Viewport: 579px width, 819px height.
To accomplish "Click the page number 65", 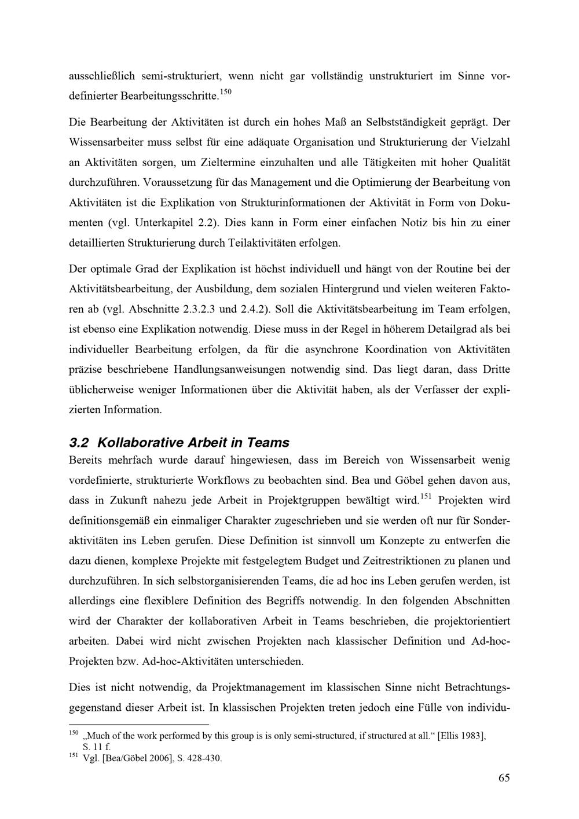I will coord(504,777).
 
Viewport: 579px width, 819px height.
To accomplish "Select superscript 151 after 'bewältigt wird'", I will coord(426,496).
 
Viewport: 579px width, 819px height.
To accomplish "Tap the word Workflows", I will coord(223,480).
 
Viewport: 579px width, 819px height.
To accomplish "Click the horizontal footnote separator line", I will coord(138,723).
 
